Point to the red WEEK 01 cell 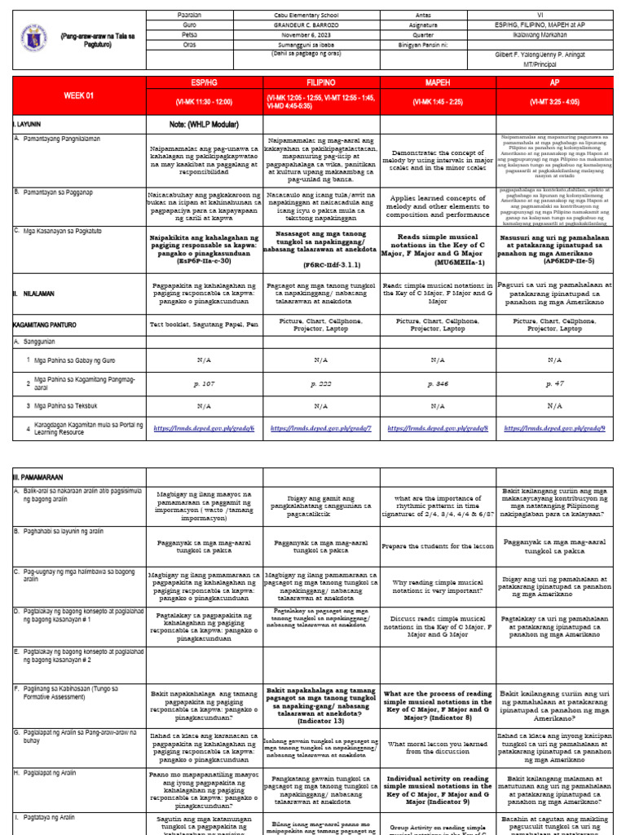79,95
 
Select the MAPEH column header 438,82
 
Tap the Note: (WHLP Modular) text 205,123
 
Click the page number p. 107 205,382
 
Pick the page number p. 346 438,382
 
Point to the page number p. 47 555,382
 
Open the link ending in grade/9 555,427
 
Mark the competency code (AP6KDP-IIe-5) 555,261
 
